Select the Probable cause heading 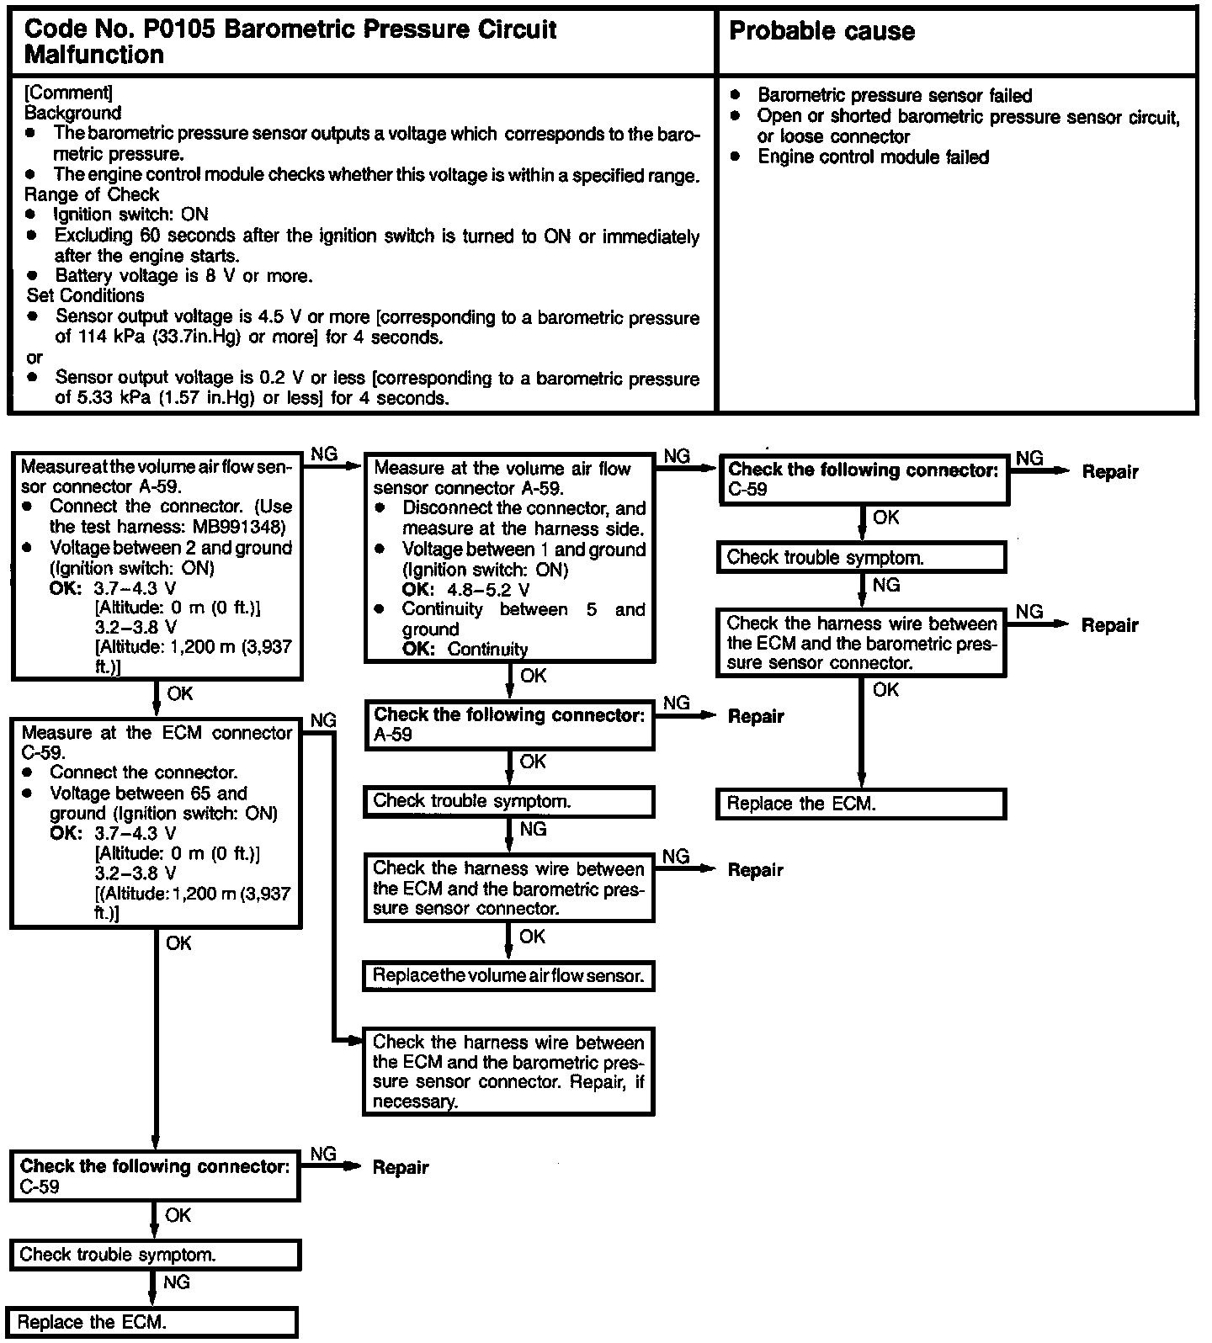(x=821, y=32)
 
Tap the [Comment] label (x=68, y=93)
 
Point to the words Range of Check (x=92, y=194)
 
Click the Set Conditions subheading (x=85, y=296)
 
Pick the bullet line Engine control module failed (x=873, y=157)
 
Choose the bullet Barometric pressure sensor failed (x=894, y=96)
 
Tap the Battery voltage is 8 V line (x=183, y=276)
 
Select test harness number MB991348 (x=238, y=528)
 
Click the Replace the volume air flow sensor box (x=508, y=976)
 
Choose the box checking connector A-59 (x=508, y=725)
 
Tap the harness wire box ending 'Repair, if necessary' (x=508, y=1072)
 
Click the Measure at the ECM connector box (x=156, y=822)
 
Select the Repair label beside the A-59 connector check (x=755, y=717)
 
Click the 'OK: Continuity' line (x=465, y=650)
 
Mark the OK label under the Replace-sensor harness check (x=532, y=937)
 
